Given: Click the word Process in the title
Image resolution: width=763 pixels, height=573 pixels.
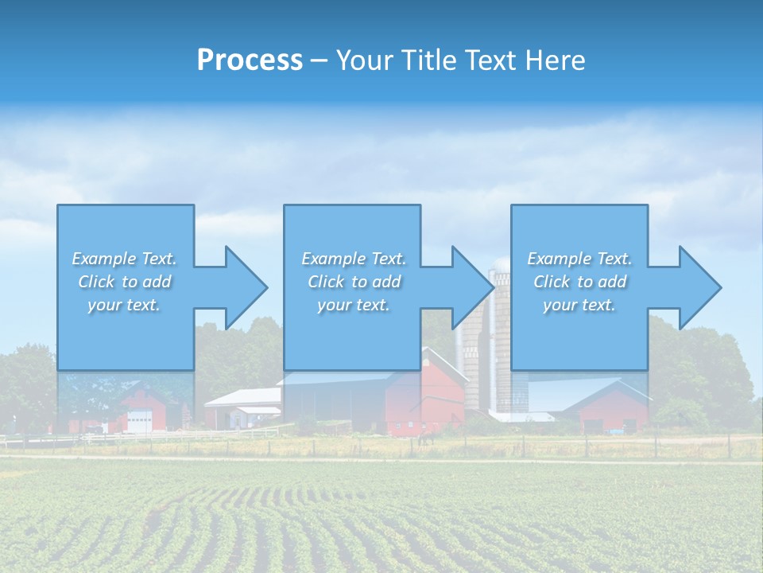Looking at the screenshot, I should [x=250, y=60].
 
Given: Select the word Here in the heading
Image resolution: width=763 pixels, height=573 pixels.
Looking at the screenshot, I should [x=557, y=60].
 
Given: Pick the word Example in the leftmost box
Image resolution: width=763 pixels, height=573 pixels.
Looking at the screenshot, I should [x=103, y=259].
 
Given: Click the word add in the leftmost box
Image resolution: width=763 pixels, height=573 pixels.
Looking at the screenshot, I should [x=157, y=282].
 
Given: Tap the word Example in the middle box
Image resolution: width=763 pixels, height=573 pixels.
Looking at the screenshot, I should [x=333, y=259].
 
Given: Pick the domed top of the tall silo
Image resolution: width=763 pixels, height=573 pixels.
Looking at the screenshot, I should [x=502, y=264].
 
